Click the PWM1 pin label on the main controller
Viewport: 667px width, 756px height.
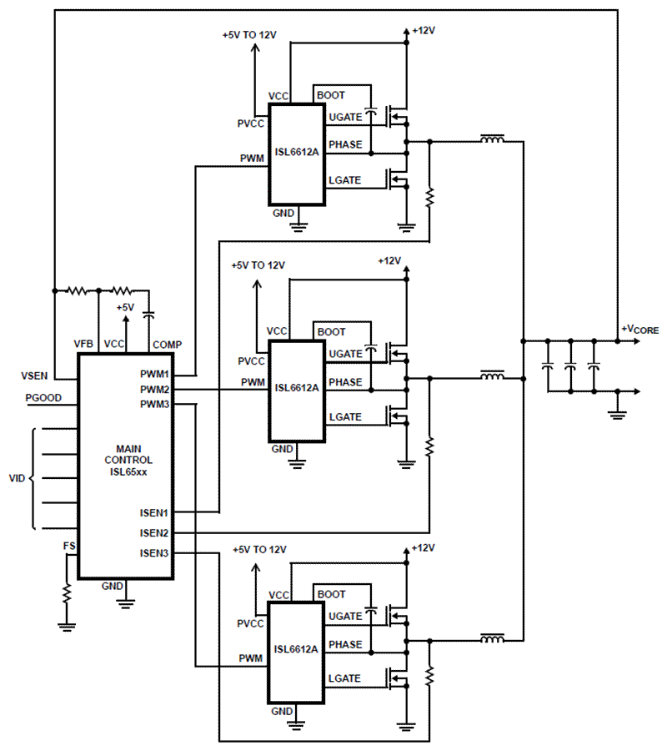tap(154, 375)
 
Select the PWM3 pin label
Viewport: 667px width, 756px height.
tap(154, 405)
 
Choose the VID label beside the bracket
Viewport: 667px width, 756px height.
tap(17, 479)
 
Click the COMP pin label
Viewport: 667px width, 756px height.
tap(167, 345)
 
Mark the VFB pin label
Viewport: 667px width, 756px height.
tap(83, 345)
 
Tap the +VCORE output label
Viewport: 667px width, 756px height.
tap(639, 330)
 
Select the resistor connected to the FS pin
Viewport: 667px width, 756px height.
tap(67, 593)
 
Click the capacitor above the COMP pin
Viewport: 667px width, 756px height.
tap(149, 315)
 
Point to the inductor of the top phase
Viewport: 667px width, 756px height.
tap(491, 140)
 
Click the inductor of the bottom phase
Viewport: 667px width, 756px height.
tap(491, 641)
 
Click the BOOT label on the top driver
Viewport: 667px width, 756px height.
tap(331, 95)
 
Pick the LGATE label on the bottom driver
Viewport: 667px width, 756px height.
tap(344, 678)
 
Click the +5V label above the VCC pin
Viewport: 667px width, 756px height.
tap(125, 308)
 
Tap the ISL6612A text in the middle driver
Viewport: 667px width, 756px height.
tap(296, 387)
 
